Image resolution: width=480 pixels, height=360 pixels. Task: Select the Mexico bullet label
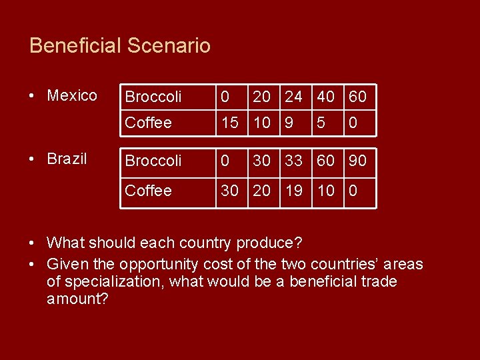(72, 96)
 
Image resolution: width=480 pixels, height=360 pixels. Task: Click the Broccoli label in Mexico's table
(153, 97)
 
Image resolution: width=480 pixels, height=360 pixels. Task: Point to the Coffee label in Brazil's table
(149, 191)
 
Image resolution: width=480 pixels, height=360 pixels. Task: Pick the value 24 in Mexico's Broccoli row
(293, 97)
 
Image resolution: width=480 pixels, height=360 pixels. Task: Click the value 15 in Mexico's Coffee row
(230, 123)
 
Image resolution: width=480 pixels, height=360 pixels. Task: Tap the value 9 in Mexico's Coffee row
(288, 123)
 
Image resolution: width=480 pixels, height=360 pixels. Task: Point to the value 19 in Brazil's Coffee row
(293, 191)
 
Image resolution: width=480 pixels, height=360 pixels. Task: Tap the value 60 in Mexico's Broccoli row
(357, 97)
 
